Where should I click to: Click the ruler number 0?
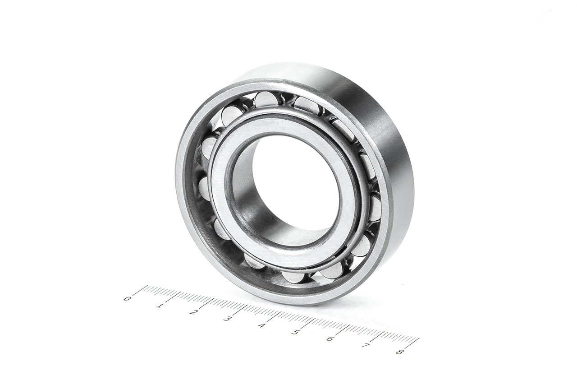[x=127, y=299]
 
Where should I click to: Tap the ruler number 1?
[x=160, y=306]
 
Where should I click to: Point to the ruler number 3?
[x=227, y=319]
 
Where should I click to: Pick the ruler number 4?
[x=261, y=325]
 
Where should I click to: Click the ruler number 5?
[x=295, y=332]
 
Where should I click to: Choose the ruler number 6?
[x=330, y=339]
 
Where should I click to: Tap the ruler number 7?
[x=365, y=345]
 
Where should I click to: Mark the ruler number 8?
[x=399, y=352]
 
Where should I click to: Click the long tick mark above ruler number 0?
[x=140, y=291]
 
